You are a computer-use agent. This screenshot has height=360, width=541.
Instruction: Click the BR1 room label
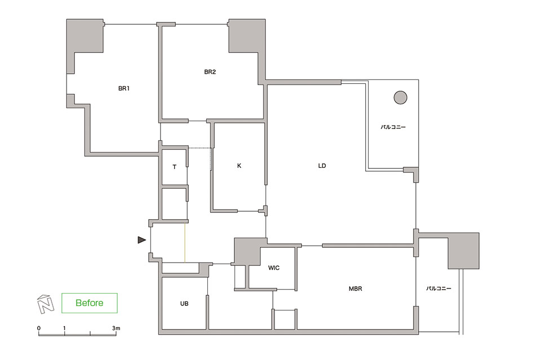click(124, 88)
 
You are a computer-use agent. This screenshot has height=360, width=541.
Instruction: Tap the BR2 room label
click(210, 72)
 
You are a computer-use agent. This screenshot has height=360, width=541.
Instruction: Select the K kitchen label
click(239, 166)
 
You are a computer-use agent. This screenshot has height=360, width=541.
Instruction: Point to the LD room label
click(322, 166)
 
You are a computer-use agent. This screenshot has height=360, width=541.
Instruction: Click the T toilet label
click(175, 167)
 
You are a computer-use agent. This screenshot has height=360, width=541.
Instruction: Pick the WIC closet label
click(274, 268)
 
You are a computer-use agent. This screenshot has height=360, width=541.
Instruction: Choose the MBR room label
click(356, 288)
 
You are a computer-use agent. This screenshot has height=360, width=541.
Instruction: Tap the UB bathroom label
click(184, 304)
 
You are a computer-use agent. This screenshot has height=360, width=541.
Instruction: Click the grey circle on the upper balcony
click(400, 97)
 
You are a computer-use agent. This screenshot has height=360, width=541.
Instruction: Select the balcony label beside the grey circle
click(393, 127)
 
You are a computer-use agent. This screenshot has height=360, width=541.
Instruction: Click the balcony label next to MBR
click(438, 288)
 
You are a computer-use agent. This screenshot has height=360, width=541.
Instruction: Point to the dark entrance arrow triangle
click(141, 240)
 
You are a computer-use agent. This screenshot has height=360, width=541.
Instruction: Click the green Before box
click(90, 303)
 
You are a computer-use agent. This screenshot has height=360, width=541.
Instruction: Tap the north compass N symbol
click(46, 304)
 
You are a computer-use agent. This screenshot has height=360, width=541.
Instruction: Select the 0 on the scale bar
click(39, 328)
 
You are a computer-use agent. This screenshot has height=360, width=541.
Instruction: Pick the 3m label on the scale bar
click(116, 328)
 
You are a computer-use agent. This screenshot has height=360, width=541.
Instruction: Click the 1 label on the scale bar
click(64, 328)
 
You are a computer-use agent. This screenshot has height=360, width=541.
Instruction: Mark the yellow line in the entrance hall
click(185, 243)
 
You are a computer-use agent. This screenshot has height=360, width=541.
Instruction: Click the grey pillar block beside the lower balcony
click(463, 251)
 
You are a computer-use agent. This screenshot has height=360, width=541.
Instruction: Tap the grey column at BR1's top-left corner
click(85, 36)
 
